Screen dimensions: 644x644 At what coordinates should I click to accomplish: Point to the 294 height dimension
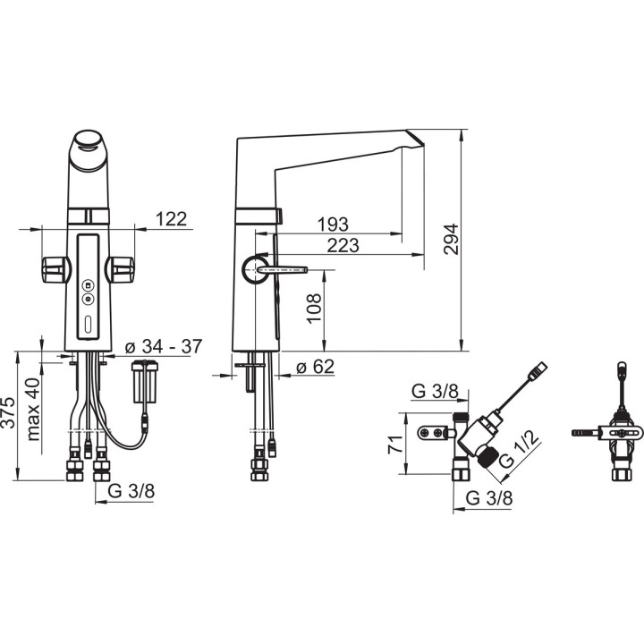coord(452,239)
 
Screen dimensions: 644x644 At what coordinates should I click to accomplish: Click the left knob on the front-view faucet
coord(53,267)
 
